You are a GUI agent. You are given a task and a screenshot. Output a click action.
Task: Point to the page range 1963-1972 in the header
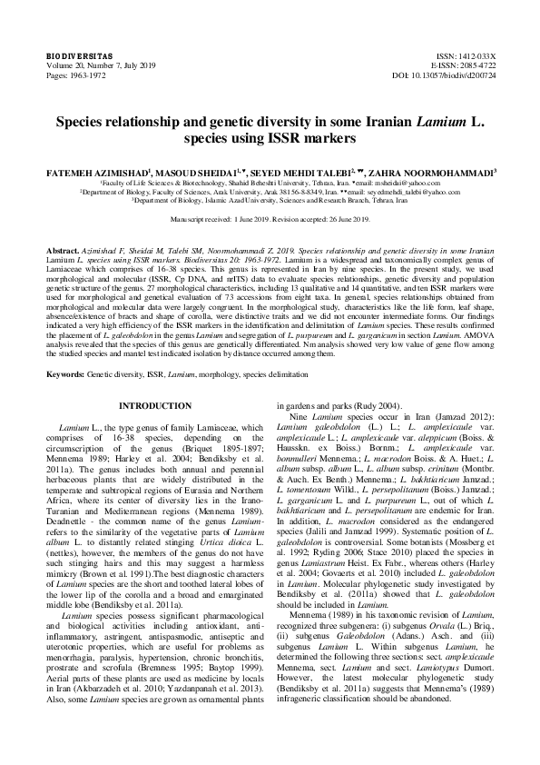coord(87,75)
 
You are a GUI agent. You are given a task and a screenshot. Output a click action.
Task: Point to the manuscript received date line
coord(270,220)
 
